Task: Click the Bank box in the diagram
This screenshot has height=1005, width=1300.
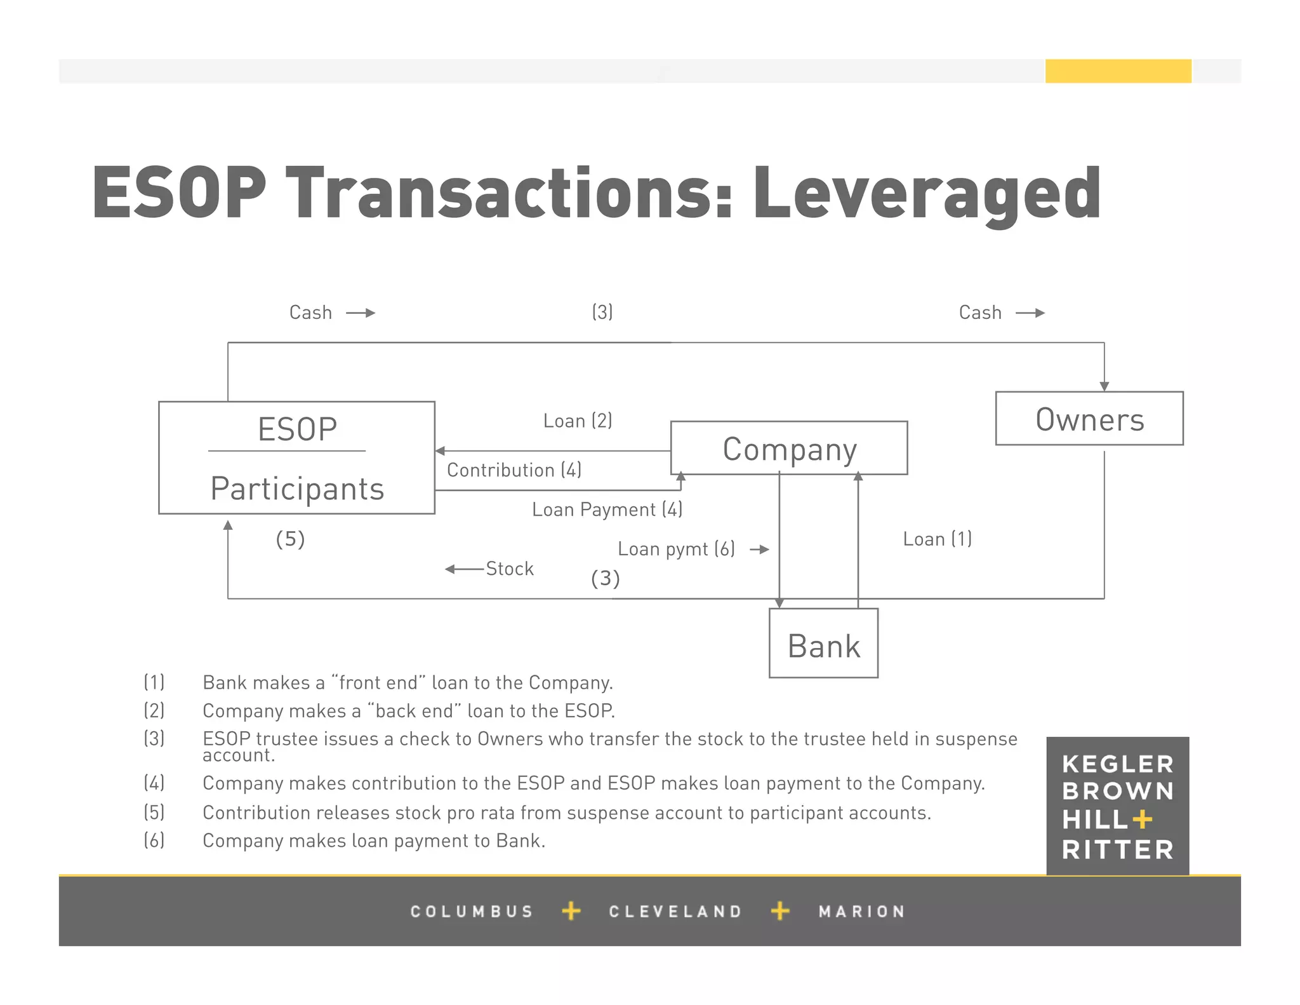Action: [x=823, y=644]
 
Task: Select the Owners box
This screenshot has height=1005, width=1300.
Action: [x=1089, y=419]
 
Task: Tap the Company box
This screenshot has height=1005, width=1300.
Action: [x=789, y=449]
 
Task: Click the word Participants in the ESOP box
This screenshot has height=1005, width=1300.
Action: [x=297, y=489]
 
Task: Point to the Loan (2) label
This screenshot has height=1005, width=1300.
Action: [x=578, y=421]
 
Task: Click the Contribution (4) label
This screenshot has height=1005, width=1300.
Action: [x=514, y=470]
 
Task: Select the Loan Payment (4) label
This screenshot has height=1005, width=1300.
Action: [x=607, y=509]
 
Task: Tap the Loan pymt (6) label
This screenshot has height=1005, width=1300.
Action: [x=676, y=549]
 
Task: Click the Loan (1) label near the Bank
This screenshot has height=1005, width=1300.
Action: [x=937, y=539]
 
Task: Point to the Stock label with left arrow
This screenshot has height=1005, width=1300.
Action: [x=509, y=569]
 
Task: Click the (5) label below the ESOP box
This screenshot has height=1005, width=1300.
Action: [x=290, y=539]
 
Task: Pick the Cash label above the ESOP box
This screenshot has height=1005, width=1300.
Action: [x=310, y=313]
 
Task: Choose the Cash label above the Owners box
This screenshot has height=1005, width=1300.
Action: [x=980, y=313]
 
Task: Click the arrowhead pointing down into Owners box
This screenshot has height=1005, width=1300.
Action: [x=1104, y=386]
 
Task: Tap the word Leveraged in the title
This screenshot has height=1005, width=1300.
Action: [x=926, y=193]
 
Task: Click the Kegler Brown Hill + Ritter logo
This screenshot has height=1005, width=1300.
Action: [x=1117, y=806]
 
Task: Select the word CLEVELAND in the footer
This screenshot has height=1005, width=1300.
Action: [x=675, y=912]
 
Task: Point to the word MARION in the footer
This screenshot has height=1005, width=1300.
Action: [x=861, y=912]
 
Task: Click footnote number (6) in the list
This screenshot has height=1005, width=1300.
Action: [x=154, y=840]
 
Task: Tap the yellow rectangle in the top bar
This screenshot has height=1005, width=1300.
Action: [x=1118, y=71]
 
